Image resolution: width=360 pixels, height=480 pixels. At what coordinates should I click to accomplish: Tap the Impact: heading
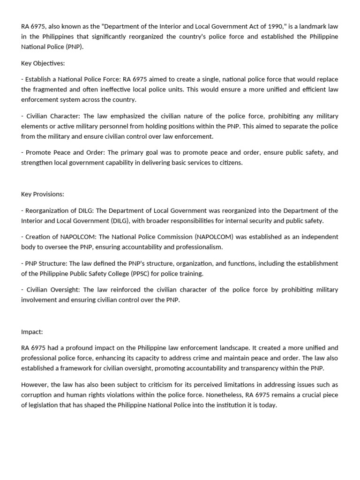pos(32,331)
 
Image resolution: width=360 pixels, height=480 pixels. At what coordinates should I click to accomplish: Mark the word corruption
pos(37,395)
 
